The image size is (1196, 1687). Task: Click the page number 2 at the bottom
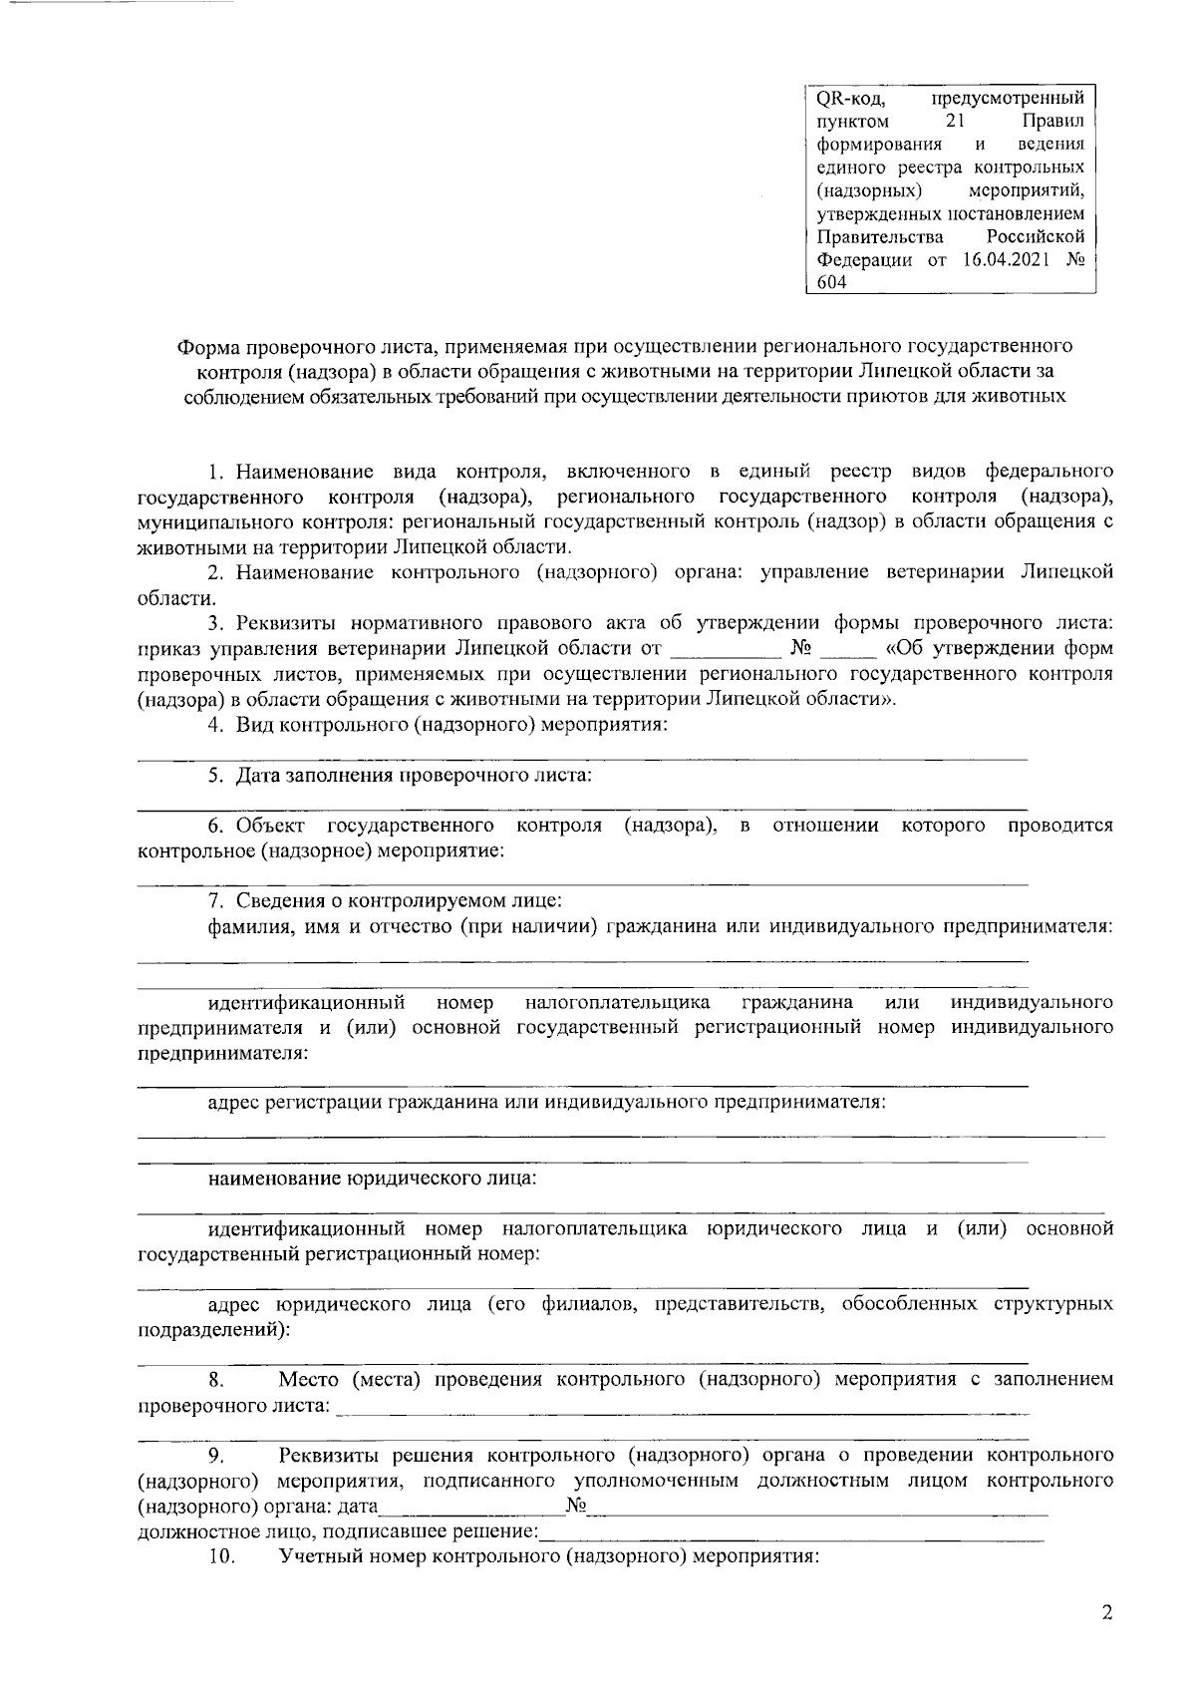click(1106, 1613)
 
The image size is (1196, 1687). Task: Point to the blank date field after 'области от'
click(724, 650)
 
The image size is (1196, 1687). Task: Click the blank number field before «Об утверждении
click(853, 650)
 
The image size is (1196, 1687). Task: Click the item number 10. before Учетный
click(220, 1556)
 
